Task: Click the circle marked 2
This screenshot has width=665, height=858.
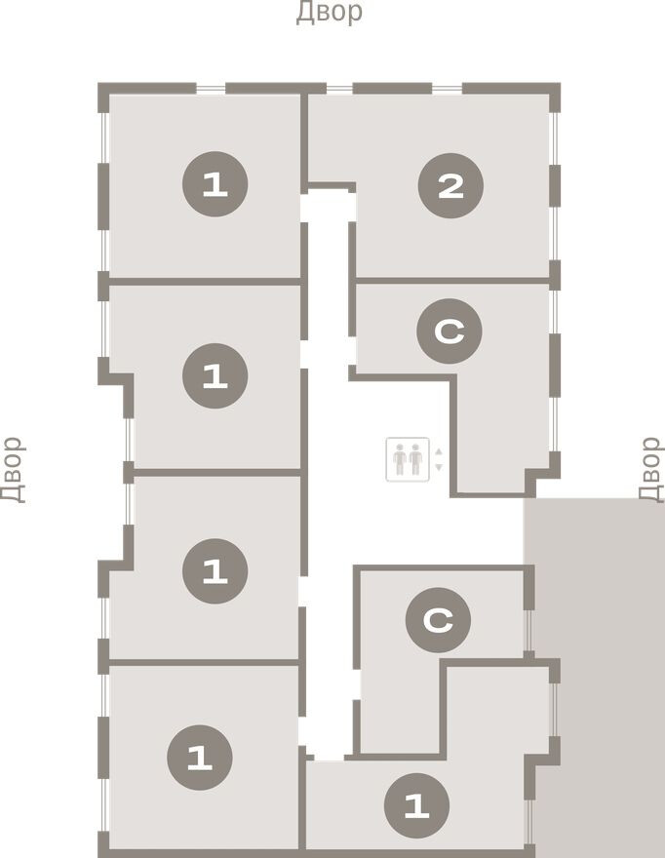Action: (x=450, y=185)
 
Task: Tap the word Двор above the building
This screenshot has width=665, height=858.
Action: (x=330, y=13)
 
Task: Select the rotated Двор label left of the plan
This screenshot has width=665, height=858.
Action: (x=12, y=469)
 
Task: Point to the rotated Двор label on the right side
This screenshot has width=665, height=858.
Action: (x=650, y=469)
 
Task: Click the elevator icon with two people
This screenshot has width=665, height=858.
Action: (x=408, y=459)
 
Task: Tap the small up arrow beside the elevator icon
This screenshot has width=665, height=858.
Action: (x=439, y=452)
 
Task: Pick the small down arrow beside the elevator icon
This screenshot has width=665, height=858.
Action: (x=439, y=467)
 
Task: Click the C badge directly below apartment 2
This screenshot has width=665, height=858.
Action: (x=449, y=332)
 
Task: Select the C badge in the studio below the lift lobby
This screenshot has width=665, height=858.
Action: (x=438, y=619)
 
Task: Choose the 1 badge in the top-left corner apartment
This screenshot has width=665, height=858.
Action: (x=215, y=185)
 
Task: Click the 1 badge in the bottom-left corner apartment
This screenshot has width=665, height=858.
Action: (x=200, y=758)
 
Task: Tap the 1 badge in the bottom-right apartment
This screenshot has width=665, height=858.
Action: (x=416, y=806)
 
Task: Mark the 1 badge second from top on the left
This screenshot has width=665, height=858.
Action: (x=215, y=375)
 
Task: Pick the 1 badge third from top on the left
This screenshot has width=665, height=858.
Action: (x=215, y=570)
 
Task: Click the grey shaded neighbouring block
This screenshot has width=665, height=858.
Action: (x=595, y=673)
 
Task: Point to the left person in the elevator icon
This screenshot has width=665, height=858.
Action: (x=400, y=459)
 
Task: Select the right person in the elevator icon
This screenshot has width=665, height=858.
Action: (x=415, y=459)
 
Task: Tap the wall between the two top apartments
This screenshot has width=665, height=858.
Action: (x=304, y=136)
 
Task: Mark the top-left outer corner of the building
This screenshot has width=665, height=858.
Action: (x=101, y=87)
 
